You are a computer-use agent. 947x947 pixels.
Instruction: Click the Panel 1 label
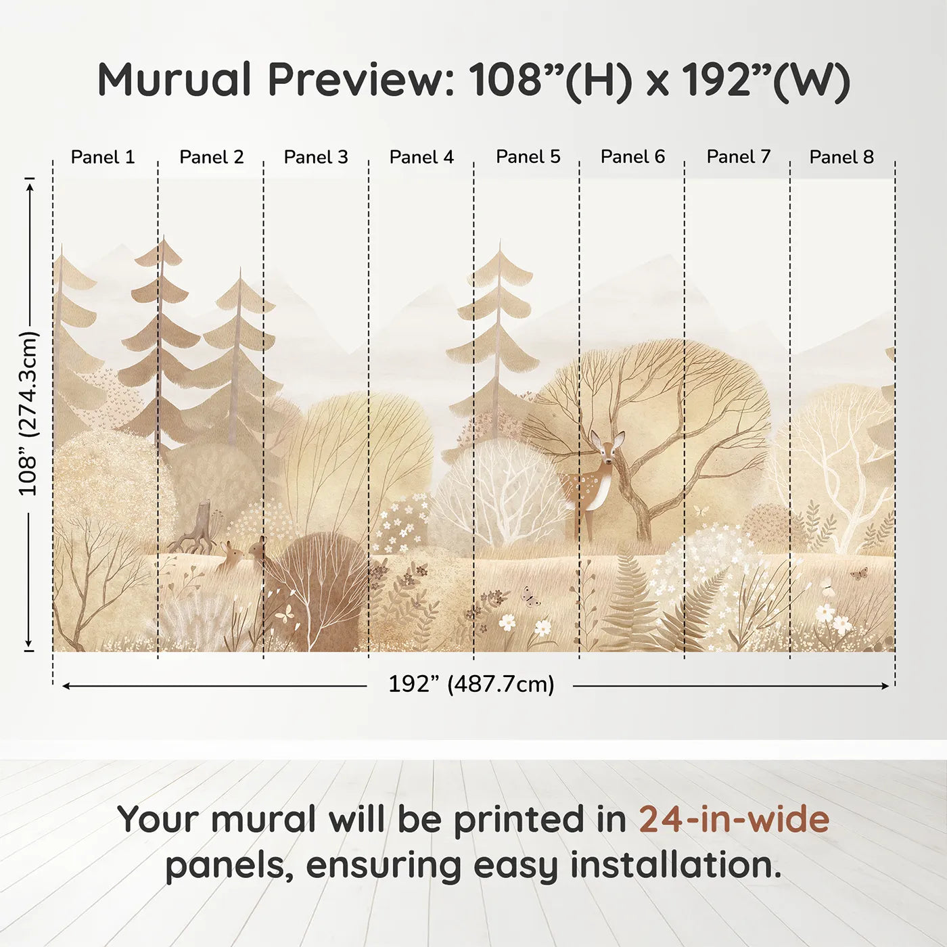[x=102, y=157]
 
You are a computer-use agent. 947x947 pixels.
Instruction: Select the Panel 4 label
[x=421, y=157]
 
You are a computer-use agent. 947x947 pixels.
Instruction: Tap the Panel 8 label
[x=841, y=157]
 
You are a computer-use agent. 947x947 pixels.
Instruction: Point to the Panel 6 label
[x=632, y=157]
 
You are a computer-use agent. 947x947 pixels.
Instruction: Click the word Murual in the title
[x=175, y=79]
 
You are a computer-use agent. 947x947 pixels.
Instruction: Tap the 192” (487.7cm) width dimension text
[x=471, y=684]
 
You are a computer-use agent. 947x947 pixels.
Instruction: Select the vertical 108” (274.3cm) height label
[x=28, y=413]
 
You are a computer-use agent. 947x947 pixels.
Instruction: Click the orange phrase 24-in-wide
[x=734, y=819]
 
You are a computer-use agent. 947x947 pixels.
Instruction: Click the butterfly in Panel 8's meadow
[x=858, y=574]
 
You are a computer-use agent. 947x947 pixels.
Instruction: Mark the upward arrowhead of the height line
[x=30, y=188]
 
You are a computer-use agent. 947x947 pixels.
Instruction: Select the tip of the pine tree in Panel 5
[x=501, y=240]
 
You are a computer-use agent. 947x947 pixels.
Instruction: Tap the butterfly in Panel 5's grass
[x=529, y=596]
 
